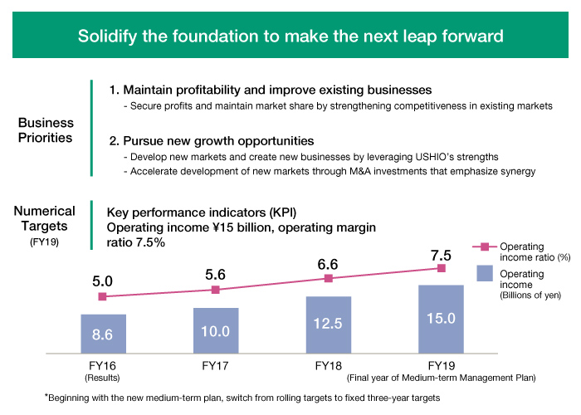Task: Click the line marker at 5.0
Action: click(x=103, y=296)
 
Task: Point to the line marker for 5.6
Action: click(x=216, y=290)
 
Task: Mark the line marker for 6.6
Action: click(x=329, y=278)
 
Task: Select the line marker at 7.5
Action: click(x=442, y=268)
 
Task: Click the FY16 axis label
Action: click(x=103, y=364)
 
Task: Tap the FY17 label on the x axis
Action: click(x=216, y=364)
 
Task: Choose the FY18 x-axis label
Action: click(x=329, y=364)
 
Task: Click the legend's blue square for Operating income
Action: click(x=485, y=273)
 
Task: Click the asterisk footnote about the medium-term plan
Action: click(x=241, y=398)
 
